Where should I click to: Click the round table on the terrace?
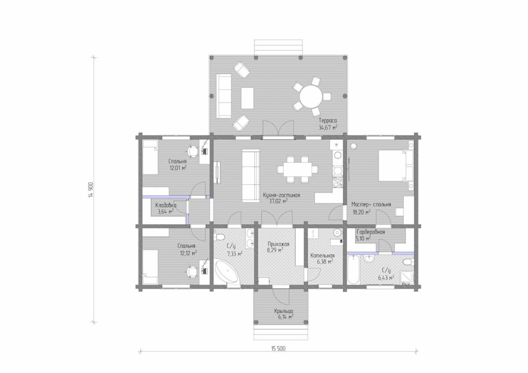pos(311,97)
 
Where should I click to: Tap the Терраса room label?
pos(328,120)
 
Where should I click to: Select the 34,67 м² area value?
pos(328,128)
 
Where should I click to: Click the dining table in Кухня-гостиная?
pos(297,170)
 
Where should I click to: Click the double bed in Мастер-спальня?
pos(396,166)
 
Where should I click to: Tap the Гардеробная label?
pos(370,232)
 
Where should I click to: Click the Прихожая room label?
pos(278,244)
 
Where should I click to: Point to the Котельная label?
pos(323,256)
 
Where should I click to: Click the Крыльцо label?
pos(283,311)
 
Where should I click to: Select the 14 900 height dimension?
pos(91,190)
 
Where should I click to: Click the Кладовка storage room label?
pos(166,205)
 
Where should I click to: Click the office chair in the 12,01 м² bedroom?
pos(193,151)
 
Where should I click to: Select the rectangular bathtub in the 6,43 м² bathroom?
pos(353,270)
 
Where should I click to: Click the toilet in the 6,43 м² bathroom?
pos(408,262)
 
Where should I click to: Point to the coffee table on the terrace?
pos(247,98)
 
